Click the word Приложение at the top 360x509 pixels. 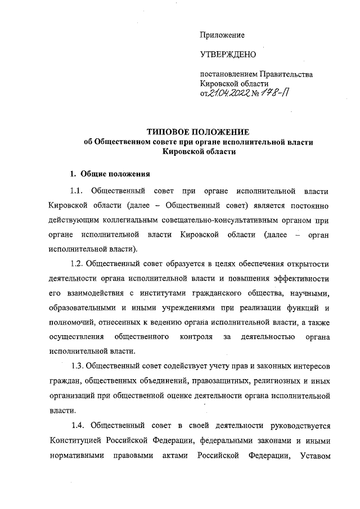[222, 35]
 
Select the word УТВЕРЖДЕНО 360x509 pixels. [228, 55]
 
